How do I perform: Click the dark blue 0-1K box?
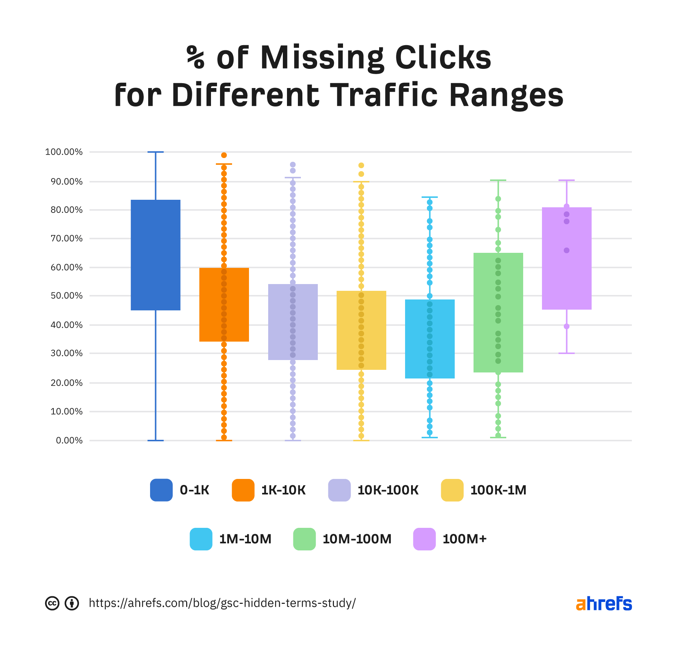point(155,255)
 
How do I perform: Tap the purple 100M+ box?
point(566,258)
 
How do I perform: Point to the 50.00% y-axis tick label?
point(67,296)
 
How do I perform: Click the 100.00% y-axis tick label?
point(64,152)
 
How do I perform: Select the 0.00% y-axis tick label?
point(69,441)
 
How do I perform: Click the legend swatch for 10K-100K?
point(339,490)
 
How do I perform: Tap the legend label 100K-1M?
point(498,490)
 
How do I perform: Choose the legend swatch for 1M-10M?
point(201,539)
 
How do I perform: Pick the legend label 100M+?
point(464,539)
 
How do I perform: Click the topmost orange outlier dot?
point(224,155)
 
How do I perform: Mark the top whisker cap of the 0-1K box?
point(155,152)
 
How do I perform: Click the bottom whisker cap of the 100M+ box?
point(566,353)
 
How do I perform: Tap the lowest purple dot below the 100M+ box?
point(566,326)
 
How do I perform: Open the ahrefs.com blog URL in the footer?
point(222,603)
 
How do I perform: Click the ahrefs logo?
point(604,603)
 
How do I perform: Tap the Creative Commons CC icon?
point(52,603)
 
